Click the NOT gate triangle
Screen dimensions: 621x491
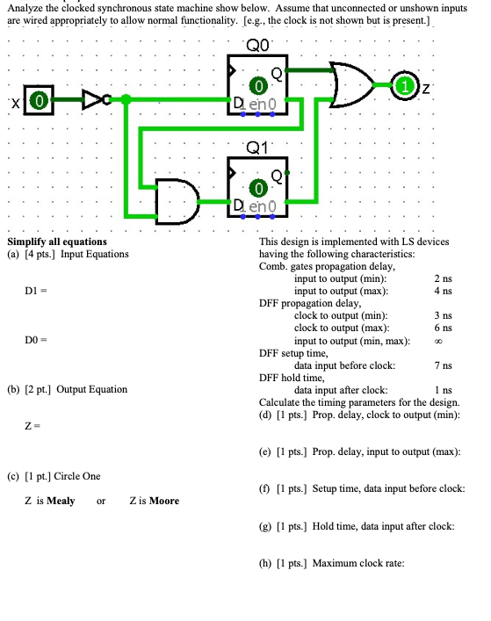(x=91, y=100)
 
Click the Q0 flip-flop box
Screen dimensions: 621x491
(x=258, y=86)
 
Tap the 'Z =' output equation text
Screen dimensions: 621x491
(x=31, y=426)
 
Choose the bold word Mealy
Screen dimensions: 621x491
(x=60, y=501)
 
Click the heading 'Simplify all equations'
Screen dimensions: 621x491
(x=57, y=242)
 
